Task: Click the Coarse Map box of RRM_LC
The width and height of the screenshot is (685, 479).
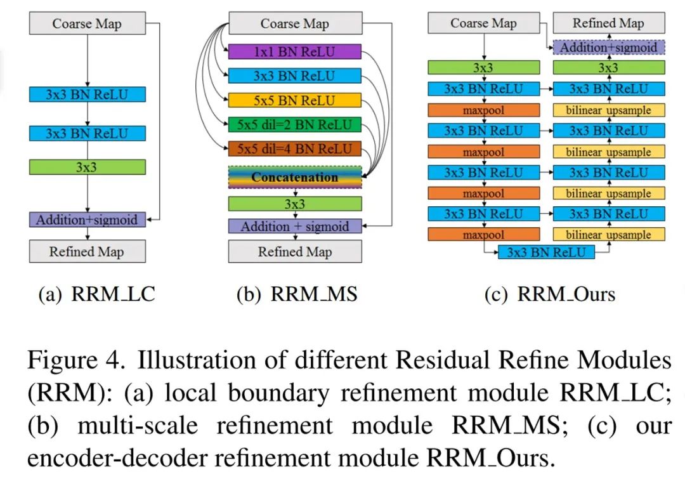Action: tap(87, 24)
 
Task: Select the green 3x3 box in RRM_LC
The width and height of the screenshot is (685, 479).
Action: tap(87, 167)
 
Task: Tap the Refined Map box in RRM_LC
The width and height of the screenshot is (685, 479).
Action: tap(87, 251)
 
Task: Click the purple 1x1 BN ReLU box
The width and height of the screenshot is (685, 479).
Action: tap(295, 52)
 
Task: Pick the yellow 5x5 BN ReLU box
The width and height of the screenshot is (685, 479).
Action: tap(295, 100)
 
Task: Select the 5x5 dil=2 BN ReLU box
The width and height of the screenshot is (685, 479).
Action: tap(295, 124)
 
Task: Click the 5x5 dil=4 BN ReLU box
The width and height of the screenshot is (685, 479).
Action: tap(295, 150)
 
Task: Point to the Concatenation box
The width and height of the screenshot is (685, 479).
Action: tap(295, 178)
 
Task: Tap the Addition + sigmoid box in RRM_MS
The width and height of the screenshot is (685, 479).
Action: tap(295, 226)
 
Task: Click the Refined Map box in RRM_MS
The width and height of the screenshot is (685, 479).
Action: tap(295, 252)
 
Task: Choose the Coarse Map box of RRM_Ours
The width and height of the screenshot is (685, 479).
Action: tap(483, 24)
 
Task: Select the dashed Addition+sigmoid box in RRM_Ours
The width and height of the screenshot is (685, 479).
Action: tap(608, 48)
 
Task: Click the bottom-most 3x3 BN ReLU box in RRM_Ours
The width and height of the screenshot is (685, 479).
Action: tap(546, 252)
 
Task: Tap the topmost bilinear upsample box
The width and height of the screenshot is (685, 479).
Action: tap(608, 110)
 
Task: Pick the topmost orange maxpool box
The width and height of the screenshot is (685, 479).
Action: tap(483, 110)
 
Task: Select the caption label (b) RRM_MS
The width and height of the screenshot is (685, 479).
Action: tap(296, 294)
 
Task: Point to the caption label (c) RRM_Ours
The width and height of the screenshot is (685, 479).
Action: tap(549, 294)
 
